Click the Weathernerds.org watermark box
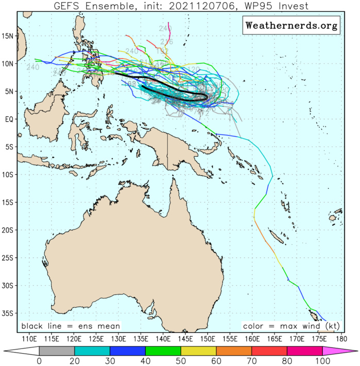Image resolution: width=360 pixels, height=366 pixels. coord(291,25)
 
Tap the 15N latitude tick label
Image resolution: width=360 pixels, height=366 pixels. coord(8,36)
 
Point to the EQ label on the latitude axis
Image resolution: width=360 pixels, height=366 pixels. coord(8,119)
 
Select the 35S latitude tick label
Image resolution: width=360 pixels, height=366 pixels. coord(8,313)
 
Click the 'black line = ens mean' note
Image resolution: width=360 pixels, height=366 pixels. coord(71,326)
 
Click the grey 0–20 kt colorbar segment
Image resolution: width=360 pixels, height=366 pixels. coord(57,351)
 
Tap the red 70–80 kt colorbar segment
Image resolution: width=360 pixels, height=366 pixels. coord(269,351)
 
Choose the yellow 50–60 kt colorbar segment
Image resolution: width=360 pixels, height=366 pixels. coord(198,351)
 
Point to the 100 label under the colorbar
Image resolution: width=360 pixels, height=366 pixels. coord(322,361)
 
